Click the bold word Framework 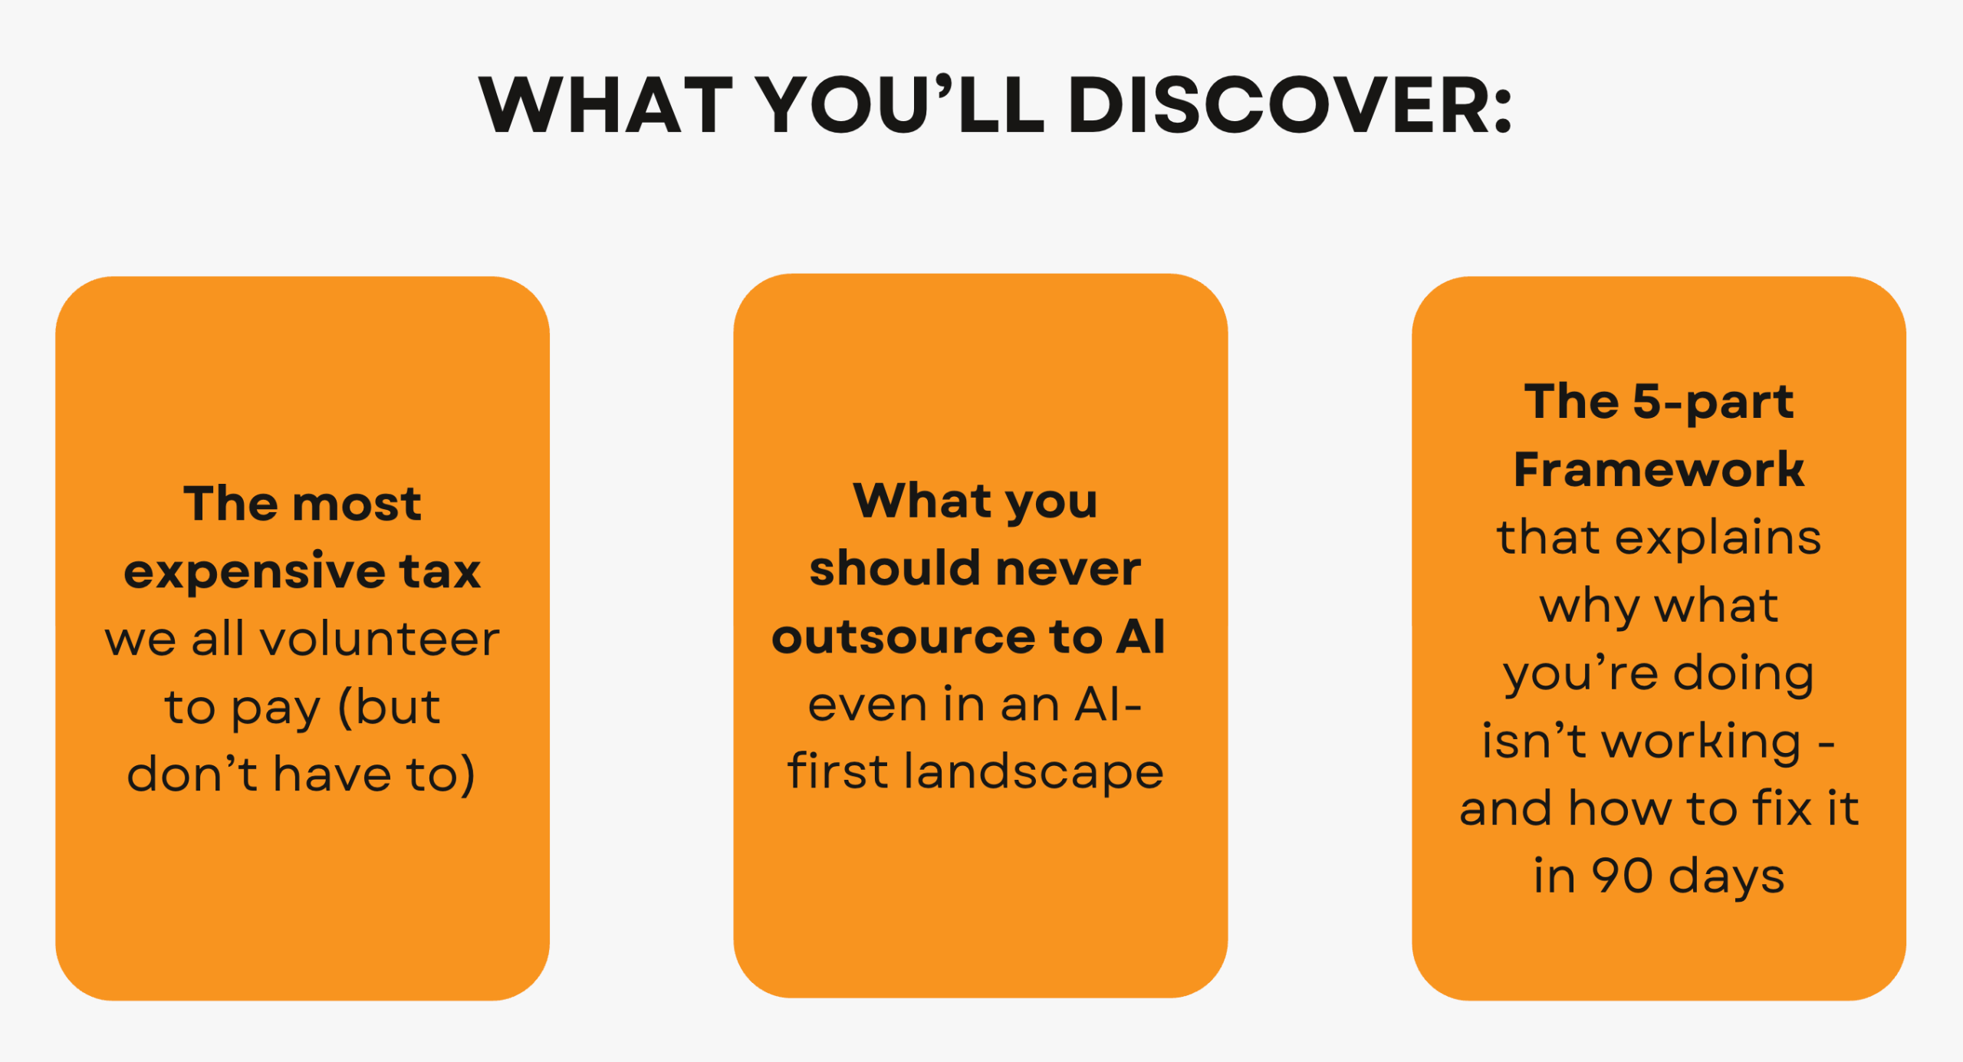(1659, 469)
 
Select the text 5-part (1713, 403)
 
